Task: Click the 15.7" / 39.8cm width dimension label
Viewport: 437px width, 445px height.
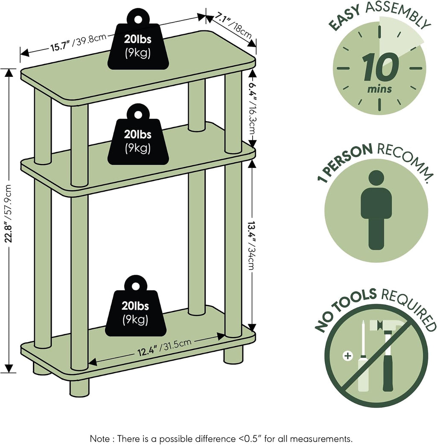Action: [79, 42]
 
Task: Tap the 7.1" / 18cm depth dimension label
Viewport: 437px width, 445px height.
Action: [233, 26]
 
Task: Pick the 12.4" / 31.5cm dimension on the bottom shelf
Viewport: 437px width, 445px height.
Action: [164, 348]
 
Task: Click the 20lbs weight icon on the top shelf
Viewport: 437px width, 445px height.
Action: [138, 39]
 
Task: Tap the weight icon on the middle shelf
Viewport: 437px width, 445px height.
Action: [138, 134]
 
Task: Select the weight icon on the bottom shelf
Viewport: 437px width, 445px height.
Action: [136, 306]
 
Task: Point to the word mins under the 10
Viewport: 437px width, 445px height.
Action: [379, 89]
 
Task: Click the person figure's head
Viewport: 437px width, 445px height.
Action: [376, 178]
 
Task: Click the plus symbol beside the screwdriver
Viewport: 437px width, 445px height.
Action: [348, 356]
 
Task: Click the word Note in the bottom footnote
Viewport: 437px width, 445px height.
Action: [100, 439]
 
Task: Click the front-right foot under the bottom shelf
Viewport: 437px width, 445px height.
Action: [233, 355]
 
